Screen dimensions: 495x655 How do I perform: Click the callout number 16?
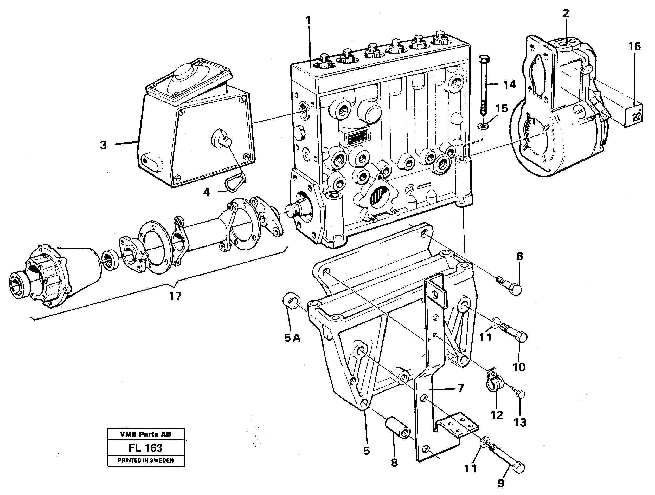634,47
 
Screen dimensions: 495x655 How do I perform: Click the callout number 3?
103,145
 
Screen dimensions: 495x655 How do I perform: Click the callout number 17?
175,296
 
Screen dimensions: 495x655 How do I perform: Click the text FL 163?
145,448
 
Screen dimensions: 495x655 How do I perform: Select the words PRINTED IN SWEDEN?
146,460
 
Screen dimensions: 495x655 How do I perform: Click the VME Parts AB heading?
146,434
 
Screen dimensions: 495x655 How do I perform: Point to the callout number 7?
460,388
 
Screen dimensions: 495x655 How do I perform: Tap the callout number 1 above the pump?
308,21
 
